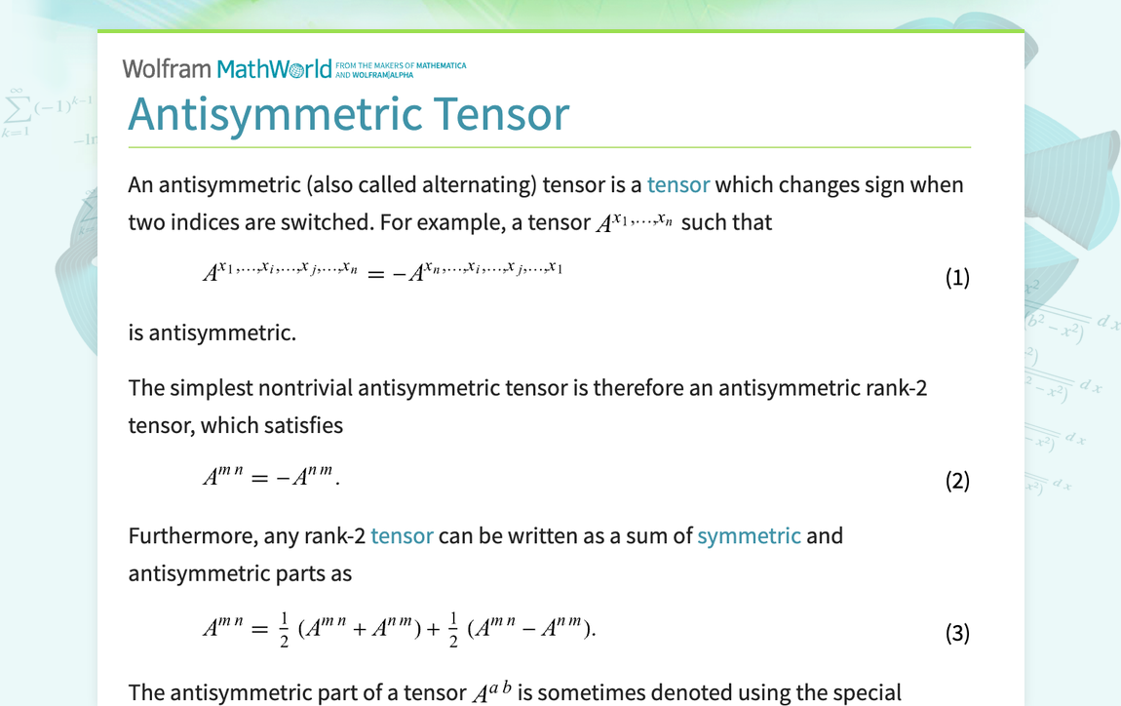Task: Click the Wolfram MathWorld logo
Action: pyautogui.click(x=226, y=68)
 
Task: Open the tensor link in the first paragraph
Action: pyautogui.click(x=677, y=184)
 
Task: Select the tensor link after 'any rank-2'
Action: pyautogui.click(x=402, y=535)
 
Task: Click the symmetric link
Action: pyautogui.click(x=749, y=535)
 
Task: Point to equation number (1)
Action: pyautogui.click(x=957, y=277)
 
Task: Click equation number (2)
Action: pyautogui.click(x=957, y=481)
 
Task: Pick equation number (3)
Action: pyautogui.click(x=957, y=633)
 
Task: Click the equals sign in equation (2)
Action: pyautogui.click(x=258, y=479)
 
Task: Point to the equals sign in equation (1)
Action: pyautogui.click(x=375, y=275)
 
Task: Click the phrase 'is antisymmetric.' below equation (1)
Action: pyautogui.click(x=212, y=333)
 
